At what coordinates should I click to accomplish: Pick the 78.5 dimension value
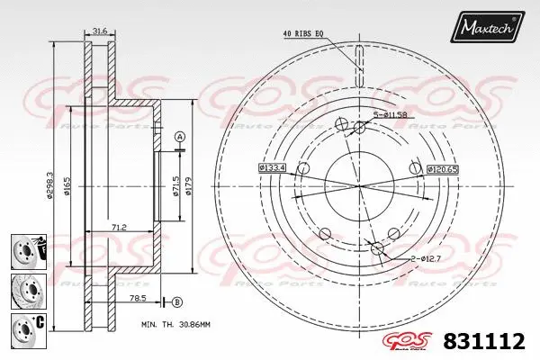[137, 296]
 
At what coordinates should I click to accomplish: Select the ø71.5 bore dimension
[175, 187]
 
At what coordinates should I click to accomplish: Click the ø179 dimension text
[189, 187]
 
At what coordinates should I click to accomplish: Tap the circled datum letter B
[176, 301]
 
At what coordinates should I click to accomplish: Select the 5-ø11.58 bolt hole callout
[391, 113]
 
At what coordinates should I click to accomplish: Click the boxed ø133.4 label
[272, 167]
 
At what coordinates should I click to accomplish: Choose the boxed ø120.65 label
[443, 168]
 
